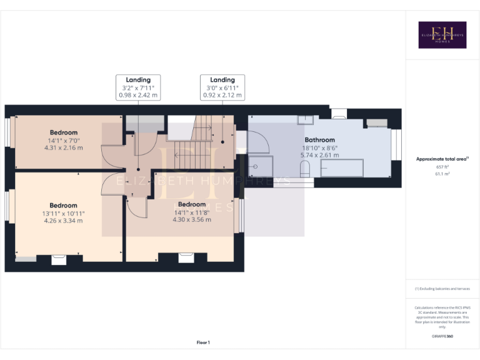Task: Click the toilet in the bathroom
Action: (305, 168)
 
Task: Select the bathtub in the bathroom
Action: (341, 167)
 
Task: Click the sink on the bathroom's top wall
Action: (306, 119)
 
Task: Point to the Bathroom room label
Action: (320, 140)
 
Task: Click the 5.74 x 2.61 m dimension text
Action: (320, 155)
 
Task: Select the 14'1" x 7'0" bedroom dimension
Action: (64, 140)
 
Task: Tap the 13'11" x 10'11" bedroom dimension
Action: (64, 213)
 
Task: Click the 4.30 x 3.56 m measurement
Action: (192, 219)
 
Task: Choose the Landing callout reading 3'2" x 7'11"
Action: (138, 87)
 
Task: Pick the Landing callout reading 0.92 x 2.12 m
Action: (222, 96)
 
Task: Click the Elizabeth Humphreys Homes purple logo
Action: (442, 35)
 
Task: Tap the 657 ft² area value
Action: (442, 167)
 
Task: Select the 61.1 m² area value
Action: (442, 174)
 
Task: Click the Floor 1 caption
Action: (203, 342)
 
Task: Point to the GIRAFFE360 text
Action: (442, 336)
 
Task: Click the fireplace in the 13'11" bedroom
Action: (59, 259)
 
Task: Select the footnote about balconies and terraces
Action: (442, 288)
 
